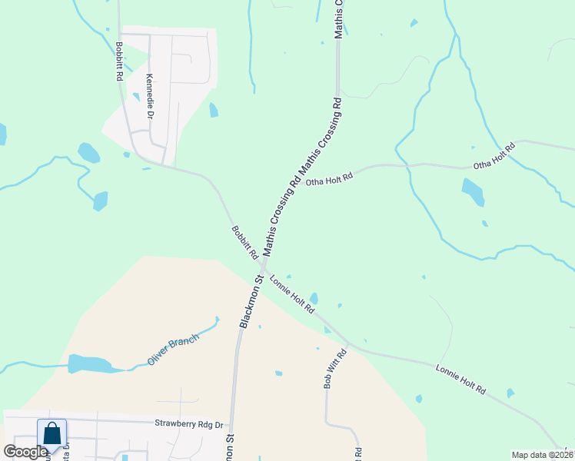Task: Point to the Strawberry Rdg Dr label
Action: (x=189, y=423)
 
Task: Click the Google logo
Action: (x=25, y=452)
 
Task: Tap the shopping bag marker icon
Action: (x=52, y=434)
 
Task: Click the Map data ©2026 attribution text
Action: (x=541, y=454)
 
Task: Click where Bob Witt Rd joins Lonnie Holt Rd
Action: (x=347, y=343)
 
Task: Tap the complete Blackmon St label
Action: (x=251, y=302)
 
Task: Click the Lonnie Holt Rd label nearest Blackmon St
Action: (x=292, y=294)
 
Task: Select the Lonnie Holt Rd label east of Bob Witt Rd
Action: (x=461, y=379)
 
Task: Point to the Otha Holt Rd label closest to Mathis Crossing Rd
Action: (x=329, y=178)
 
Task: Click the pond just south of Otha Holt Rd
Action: (x=473, y=192)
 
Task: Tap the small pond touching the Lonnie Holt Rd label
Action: (x=314, y=298)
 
